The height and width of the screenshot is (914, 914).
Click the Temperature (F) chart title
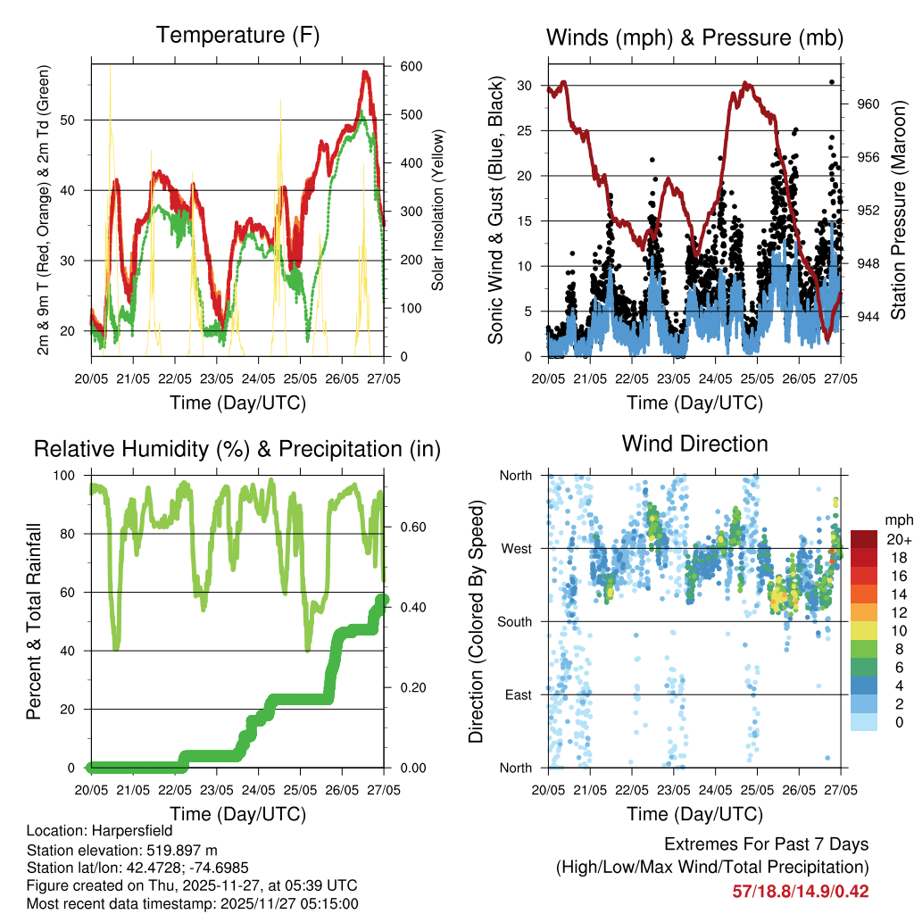point(237,36)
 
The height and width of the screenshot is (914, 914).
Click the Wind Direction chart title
point(694,444)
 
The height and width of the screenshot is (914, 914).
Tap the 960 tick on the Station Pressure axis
point(868,104)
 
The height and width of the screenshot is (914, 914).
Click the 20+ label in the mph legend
point(897,539)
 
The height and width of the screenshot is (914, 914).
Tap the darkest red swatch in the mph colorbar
point(865,539)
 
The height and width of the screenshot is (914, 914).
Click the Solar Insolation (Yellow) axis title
point(438,210)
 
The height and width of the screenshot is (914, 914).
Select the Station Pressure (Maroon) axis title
point(899,210)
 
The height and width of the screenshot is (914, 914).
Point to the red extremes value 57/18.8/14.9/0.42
point(801,891)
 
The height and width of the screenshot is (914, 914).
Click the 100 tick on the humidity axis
point(74,476)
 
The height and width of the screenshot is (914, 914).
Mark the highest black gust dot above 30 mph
point(832,82)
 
